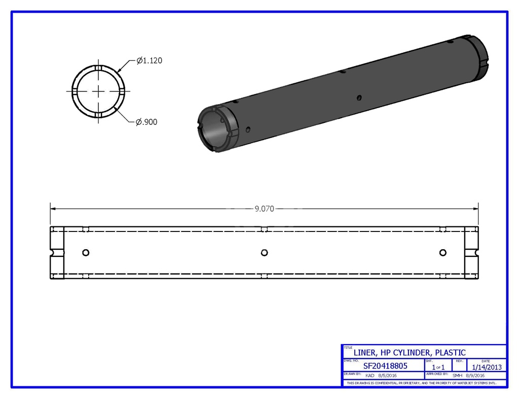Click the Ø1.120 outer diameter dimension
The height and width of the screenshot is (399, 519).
(x=149, y=60)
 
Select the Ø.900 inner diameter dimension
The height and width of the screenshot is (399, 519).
(x=146, y=122)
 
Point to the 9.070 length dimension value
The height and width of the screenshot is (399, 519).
(x=264, y=209)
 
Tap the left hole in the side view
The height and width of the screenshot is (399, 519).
(x=85, y=253)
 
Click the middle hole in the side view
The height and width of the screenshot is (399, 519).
(x=264, y=253)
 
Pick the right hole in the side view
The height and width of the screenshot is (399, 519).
(x=442, y=253)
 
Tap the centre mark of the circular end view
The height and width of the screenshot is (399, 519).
(x=98, y=91)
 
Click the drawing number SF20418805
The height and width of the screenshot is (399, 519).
(x=385, y=365)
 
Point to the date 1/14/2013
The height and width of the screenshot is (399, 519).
(x=487, y=367)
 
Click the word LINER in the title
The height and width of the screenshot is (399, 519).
(x=364, y=352)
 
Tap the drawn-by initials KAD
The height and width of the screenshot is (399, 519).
(x=370, y=376)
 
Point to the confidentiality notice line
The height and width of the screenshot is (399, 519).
(x=425, y=383)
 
